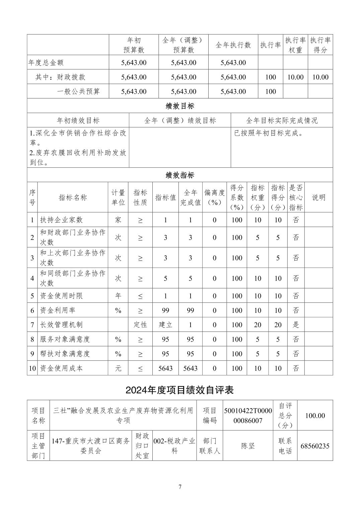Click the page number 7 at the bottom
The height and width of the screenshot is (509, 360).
pyautogui.click(x=180, y=487)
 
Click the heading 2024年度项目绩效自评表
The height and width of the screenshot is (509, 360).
pyautogui.click(x=180, y=390)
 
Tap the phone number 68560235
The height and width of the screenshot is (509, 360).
pyautogui.click(x=315, y=446)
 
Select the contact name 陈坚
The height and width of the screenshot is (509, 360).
pyautogui.click(x=248, y=446)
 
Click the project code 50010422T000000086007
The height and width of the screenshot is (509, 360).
pyautogui.click(x=248, y=416)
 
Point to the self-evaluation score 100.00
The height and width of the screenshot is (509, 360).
pyautogui.click(x=315, y=416)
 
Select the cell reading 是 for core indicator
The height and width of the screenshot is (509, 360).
pyautogui.click(x=296, y=324)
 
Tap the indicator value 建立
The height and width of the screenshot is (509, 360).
pyautogui.click(x=165, y=324)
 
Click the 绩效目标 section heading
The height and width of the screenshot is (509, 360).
pyautogui.click(x=180, y=106)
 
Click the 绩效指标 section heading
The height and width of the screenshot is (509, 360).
pyautogui.click(x=180, y=175)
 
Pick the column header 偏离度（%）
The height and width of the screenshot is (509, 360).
pyautogui.click(x=214, y=197)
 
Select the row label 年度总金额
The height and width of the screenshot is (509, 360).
pyautogui.click(x=46, y=63)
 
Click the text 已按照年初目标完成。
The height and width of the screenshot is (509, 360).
pyautogui.click(x=269, y=133)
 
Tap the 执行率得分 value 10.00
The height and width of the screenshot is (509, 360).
pyautogui.click(x=320, y=77)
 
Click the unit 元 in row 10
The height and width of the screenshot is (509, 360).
pyautogui.click(x=118, y=368)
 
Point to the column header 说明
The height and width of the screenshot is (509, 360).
pyautogui.click(x=318, y=197)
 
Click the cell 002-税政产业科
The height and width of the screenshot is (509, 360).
pyautogui.click(x=174, y=446)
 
